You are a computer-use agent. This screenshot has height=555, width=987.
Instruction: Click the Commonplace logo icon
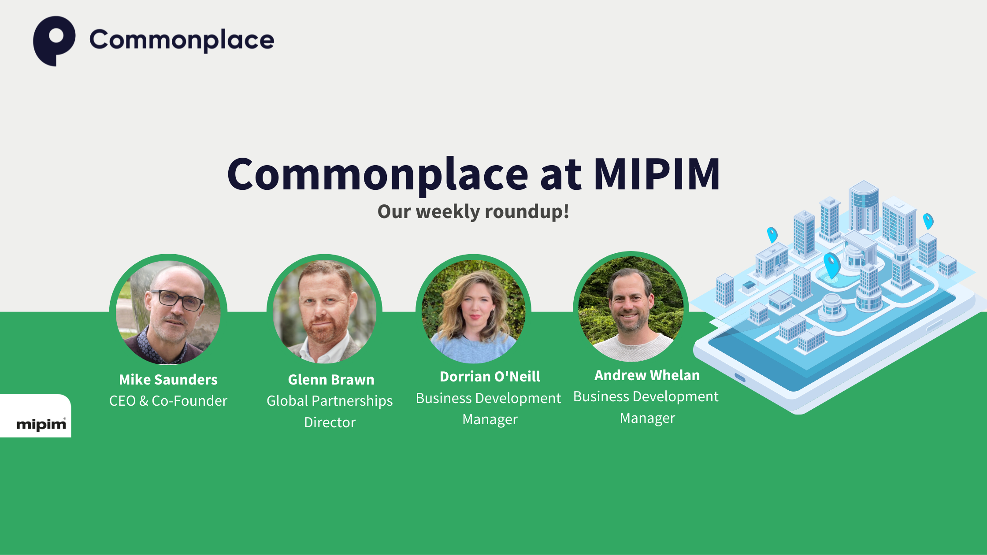[54, 41]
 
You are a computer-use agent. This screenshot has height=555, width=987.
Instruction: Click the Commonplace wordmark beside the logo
[182, 41]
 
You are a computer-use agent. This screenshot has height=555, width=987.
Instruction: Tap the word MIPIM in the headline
[657, 174]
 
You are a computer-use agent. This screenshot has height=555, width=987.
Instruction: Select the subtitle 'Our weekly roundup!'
[473, 212]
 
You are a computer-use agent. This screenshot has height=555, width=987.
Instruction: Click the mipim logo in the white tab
[41, 424]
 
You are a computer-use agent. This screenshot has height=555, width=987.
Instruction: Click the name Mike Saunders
[168, 380]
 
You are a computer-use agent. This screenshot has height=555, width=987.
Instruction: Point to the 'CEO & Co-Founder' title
[168, 401]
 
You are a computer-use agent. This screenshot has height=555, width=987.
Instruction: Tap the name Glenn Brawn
[331, 380]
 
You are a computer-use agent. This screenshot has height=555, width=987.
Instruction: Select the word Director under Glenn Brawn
[330, 422]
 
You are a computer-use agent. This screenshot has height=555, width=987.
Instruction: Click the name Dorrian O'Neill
[490, 377]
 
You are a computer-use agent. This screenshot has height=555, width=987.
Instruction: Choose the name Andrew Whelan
[647, 375]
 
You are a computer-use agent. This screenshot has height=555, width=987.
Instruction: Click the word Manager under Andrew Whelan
[647, 418]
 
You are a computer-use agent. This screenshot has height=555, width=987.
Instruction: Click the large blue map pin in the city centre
[831, 265]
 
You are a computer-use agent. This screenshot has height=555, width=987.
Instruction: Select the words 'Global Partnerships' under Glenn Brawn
[330, 401]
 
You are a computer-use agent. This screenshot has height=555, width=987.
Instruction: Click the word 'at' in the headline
[560, 174]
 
